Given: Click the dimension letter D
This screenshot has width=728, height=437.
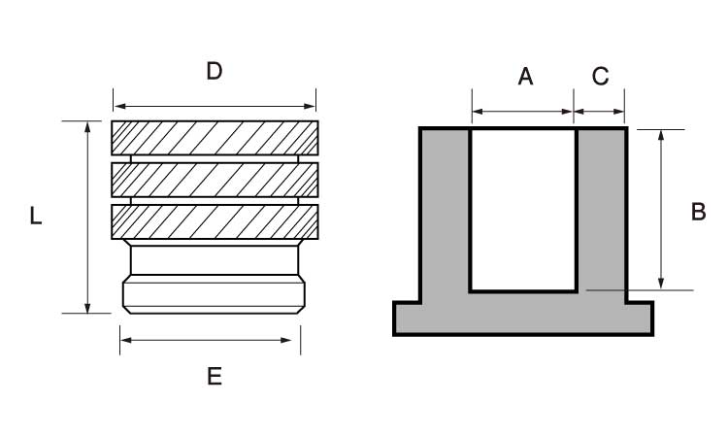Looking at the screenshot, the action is point(215,71).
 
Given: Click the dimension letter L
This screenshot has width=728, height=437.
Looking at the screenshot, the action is point(36,216).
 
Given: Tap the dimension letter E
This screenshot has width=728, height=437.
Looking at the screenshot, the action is point(215,376).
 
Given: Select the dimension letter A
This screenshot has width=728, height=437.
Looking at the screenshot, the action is point(525,77).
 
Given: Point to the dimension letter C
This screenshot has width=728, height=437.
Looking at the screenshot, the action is point(600,76).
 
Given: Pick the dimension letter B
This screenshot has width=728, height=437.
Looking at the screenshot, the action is point(698,212).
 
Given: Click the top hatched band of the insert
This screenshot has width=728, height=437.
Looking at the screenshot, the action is point(215,138).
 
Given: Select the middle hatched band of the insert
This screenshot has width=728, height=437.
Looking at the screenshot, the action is point(215,180).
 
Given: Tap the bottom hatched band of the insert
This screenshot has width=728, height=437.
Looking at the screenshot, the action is point(215,222).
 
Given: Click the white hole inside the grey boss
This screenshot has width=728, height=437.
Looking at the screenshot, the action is point(524,210).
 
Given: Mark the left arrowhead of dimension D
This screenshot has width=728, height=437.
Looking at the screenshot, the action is point(119,107).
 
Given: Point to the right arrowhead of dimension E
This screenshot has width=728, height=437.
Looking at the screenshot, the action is point(286,341).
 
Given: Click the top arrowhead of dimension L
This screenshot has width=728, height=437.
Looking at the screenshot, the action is point(87,127).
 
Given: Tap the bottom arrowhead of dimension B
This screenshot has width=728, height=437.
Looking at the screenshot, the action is point(661,284).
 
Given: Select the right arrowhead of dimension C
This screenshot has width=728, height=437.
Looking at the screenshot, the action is point(618,112).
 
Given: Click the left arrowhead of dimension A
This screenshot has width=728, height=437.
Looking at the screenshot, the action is point(478,112).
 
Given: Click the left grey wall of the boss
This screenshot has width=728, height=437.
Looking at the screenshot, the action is point(446,214).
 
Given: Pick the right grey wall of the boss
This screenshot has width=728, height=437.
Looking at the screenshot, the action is point(602,214).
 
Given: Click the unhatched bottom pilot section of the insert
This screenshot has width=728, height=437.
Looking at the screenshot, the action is point(215,294).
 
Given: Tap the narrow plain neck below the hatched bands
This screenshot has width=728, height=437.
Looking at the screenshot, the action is point(215,260).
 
